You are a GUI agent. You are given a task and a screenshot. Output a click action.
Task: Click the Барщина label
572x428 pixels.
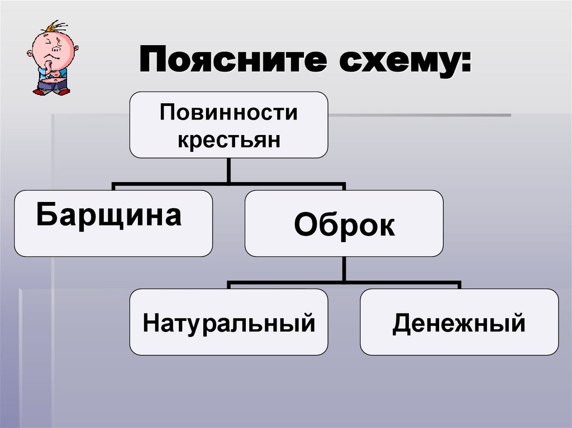pyautogui.click(x=109, y=215)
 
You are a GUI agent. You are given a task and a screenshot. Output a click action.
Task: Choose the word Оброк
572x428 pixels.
pyautogui.click(x=344, y=224)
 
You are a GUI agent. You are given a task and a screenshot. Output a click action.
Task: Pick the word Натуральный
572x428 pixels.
pyautogui.click(x=228, y=323)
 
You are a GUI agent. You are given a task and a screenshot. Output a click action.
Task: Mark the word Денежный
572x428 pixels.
pyautogui.click(x=459, y=323)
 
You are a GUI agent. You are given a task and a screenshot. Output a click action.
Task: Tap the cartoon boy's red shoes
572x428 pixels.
pyautogui.click(x=51, y=92)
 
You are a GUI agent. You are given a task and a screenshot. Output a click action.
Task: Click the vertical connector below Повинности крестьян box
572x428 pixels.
pyautogui.click(x=228, y=170)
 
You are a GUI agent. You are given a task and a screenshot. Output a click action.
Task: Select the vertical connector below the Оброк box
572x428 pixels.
pyautogui.click(x=344, y=269)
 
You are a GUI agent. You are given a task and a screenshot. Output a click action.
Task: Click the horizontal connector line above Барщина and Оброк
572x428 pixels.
pyautogui.click(x=228, y=183)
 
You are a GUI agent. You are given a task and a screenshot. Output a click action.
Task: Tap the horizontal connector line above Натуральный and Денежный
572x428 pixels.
pyautogui.click(x=344, y=282)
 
